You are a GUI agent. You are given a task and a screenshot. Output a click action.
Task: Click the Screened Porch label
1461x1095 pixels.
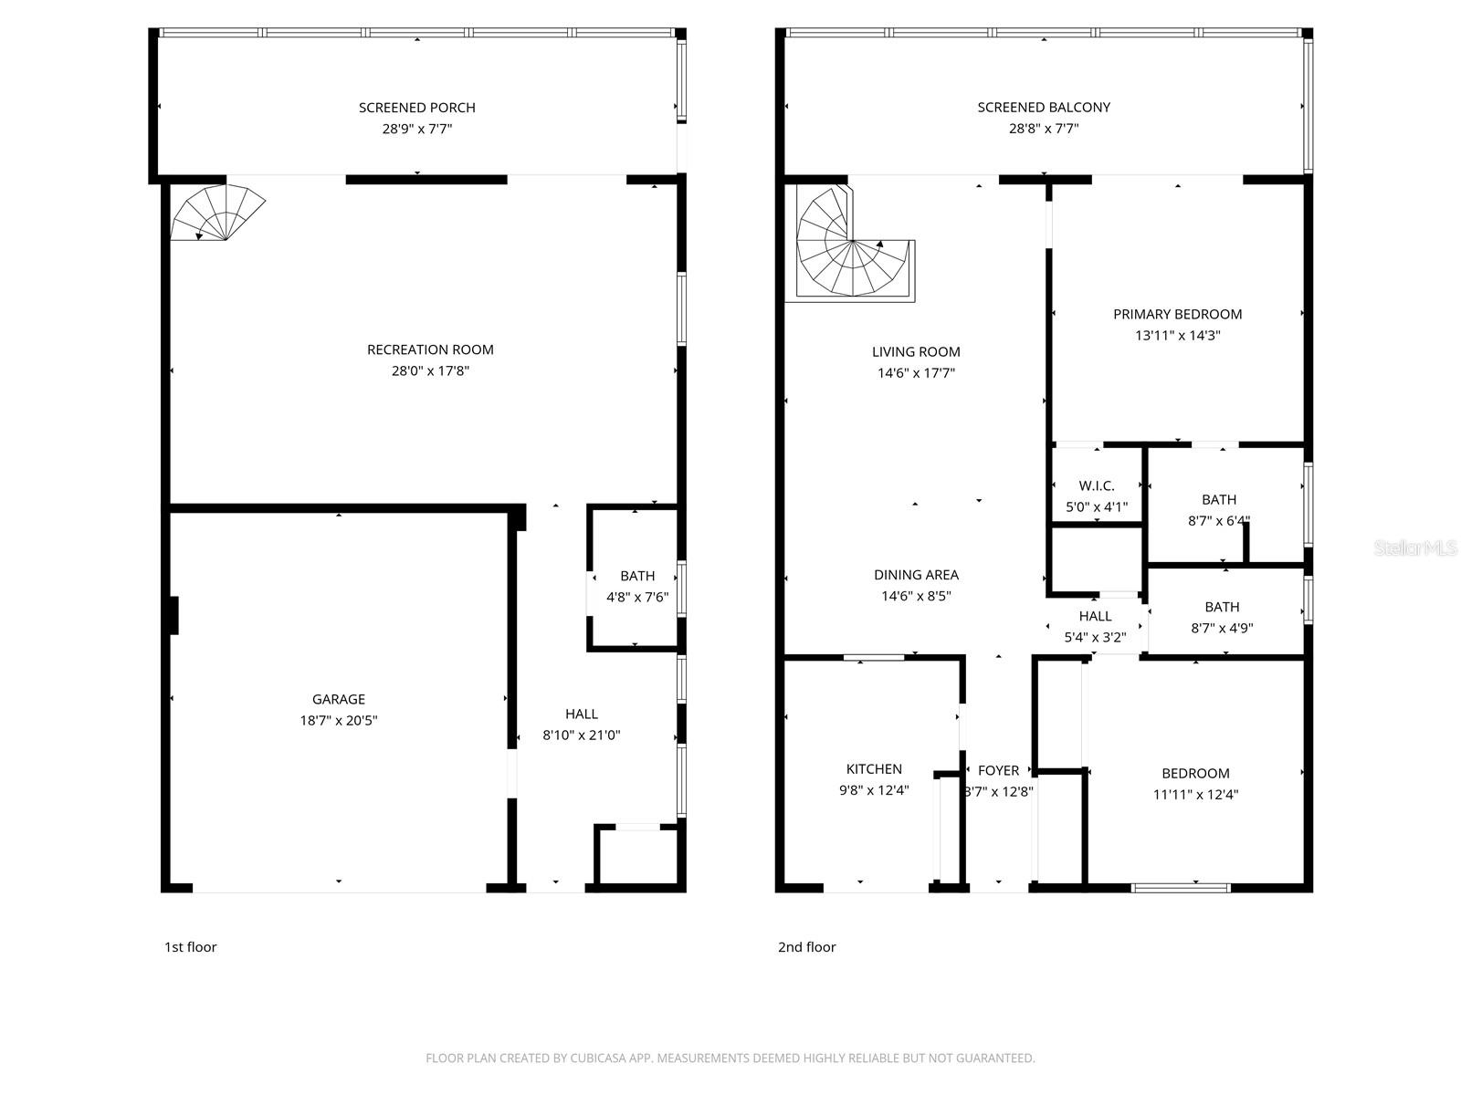point(416,108)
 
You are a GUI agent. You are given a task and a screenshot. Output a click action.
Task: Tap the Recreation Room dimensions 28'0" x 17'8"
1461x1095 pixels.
point(430,370)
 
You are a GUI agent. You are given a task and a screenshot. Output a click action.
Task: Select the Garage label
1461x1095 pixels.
point(339,699)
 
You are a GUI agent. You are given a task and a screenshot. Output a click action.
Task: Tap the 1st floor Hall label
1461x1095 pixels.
point(582,714)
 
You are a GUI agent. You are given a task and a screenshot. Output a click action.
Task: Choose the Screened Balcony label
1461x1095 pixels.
point(1044,108)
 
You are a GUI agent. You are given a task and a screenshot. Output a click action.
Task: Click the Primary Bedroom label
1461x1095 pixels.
point(1177,314)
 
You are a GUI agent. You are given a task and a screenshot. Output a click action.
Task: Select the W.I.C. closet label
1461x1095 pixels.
point(1096,485)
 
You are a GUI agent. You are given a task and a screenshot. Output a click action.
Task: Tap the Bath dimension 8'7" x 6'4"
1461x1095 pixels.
point(1218,521)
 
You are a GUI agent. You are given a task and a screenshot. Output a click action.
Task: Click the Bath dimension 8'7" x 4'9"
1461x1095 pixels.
point(1222,628)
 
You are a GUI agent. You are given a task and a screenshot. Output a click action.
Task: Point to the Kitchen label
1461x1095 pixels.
point(874,769)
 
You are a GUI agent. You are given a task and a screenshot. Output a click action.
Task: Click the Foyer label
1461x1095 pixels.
point(998,770)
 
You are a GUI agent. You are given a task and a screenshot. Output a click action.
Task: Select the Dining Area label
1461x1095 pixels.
point(916,575)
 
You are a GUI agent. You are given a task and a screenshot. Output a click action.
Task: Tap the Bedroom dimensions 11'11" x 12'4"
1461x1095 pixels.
point(1195,794)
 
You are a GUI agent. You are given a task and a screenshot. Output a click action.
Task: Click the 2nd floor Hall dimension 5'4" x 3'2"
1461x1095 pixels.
point(1095,638)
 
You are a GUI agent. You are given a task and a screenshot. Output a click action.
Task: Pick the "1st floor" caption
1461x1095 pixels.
point(190,947)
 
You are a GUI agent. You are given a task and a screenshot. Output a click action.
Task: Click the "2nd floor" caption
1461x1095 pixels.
point(806,947)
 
